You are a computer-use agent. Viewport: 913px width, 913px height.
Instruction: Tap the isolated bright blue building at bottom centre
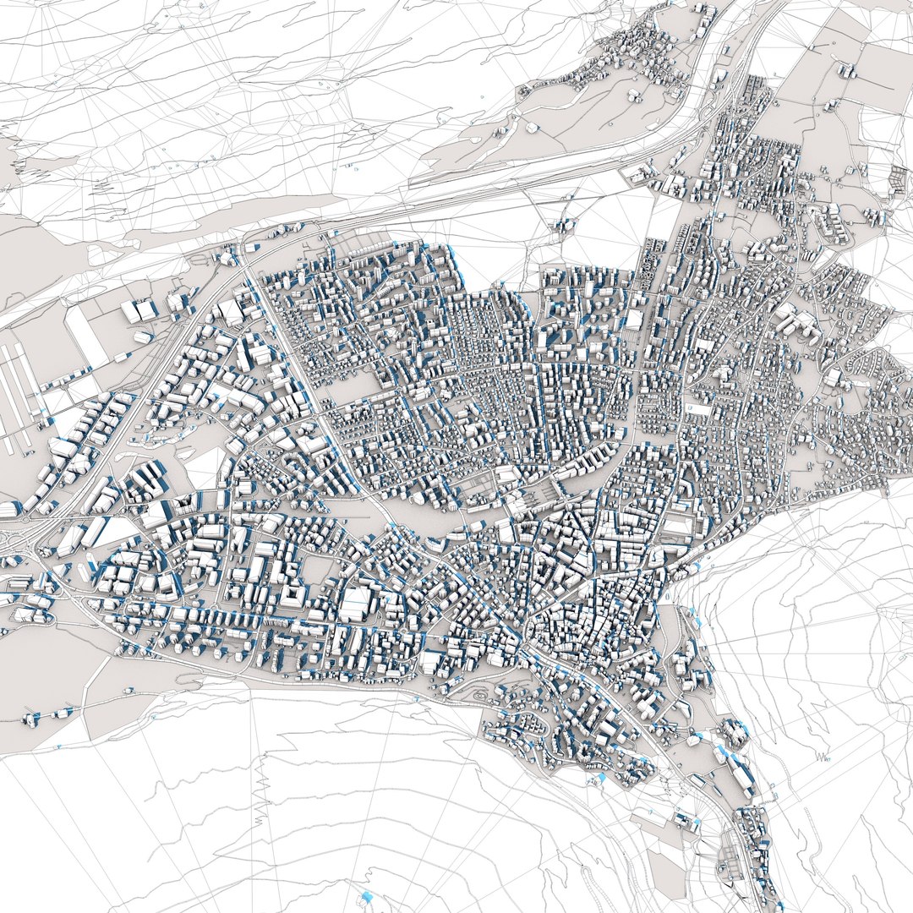[x=366, y=896]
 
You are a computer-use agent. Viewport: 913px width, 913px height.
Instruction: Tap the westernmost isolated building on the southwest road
[x=31, y=720]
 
